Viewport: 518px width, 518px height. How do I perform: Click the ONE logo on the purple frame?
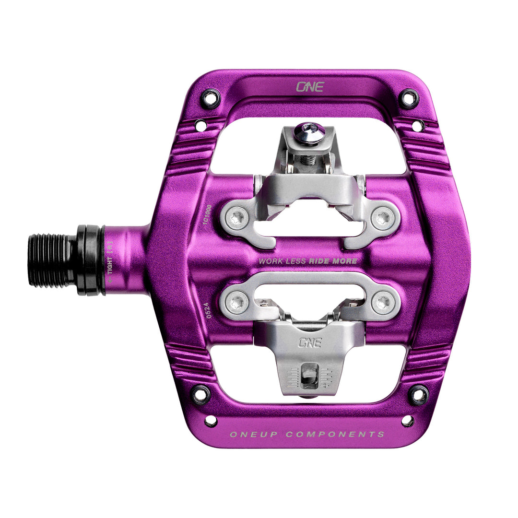click(310, 87)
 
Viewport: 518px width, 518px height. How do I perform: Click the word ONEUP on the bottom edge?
click(252, 435)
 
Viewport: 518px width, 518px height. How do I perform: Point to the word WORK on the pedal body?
click(270, 261)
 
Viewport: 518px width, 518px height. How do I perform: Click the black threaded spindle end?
click(50, 260)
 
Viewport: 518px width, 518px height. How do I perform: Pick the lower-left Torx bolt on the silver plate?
click(236, 302)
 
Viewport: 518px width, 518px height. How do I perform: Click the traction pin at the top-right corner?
click(408, 98)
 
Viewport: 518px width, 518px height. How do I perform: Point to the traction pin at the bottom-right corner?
click(419, 394)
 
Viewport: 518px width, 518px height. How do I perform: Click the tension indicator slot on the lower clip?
click(306, 377)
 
